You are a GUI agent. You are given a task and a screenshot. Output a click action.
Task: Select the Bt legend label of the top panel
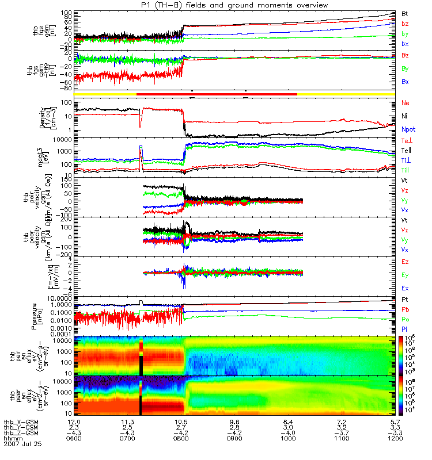pos(406,13)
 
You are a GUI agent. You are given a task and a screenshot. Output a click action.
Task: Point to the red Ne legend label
pos(406,103)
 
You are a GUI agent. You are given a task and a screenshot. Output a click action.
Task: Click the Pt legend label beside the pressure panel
pos(405,300)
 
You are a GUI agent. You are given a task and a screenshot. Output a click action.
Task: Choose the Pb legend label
pos(406,310)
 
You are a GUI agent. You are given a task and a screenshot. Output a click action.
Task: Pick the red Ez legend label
pos(406,262)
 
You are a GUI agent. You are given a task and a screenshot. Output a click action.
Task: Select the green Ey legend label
pos(406,274)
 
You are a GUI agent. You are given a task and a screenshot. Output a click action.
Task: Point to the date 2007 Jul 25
pos(21,444)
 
